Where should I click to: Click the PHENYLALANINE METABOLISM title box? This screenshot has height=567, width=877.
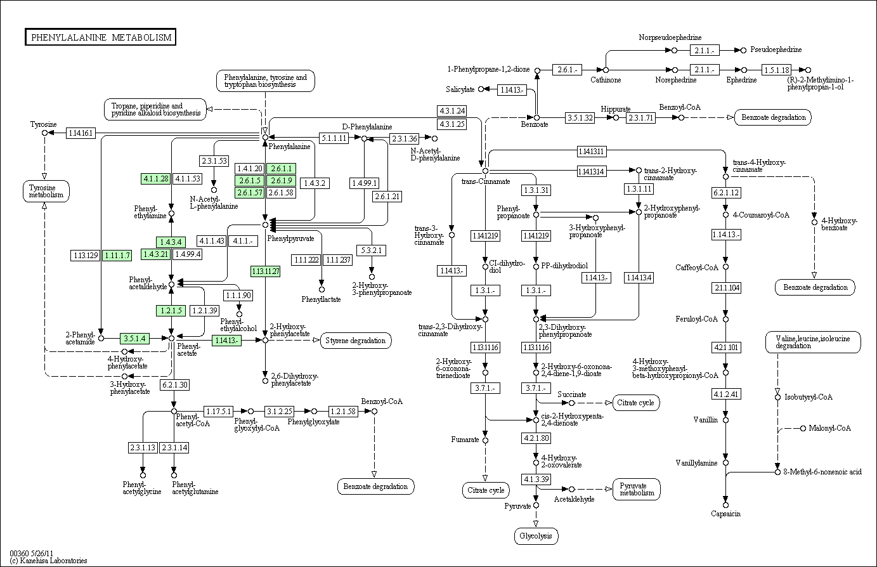[x=101, y=37]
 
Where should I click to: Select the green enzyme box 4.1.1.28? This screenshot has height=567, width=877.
[x=156, y=178]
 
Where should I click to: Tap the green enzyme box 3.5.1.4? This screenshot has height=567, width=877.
[x=134, y=339]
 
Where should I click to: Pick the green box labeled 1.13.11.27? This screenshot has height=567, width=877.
[x=265, y=271]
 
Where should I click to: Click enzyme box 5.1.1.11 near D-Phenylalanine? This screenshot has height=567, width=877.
[x=334, y=138]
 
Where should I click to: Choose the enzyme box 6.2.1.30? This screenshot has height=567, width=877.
[x=174, y=384]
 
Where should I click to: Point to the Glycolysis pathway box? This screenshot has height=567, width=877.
[x=536, y=536]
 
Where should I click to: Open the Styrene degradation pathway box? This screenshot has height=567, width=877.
[x=356, y=341]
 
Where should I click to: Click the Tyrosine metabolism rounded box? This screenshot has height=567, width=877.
[x=46, y=191]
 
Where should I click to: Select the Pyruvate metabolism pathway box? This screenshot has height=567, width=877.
[x=637, y=489]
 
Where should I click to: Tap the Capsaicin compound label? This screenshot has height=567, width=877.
[x=725, y=514]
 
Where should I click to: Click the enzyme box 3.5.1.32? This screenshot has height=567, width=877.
[x=580, y=117]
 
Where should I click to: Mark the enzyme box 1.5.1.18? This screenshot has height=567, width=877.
[x=776, y=70]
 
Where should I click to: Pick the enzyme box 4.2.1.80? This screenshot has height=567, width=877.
[x=536, y=438]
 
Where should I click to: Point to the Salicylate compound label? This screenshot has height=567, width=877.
[x=460, y=89]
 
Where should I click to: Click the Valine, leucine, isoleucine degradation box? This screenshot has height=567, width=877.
[x=812, y=342]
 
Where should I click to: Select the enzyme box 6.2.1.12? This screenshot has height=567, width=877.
[x=726, y=193]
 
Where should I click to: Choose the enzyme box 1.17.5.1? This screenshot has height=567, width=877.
[x=218, y=411]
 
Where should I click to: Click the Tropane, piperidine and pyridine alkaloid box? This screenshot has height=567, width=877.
[x=155, y=109]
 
